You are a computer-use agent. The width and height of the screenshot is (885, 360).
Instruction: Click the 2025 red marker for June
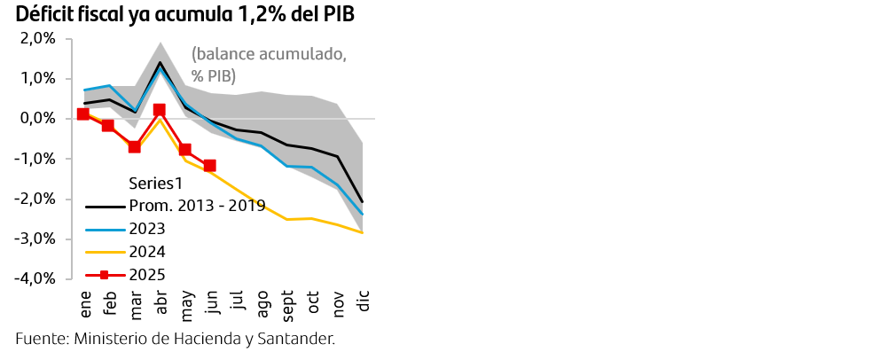pos(210,166)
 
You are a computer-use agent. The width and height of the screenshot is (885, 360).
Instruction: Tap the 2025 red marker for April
pos(160,110)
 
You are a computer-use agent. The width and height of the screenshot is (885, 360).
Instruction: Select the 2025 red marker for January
pos(83,113)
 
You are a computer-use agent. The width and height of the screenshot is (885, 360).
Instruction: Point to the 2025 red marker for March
pos(135,146)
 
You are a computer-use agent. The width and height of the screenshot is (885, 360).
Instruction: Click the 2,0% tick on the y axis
pos(38,39)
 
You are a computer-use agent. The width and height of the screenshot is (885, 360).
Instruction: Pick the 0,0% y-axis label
pos(38,119)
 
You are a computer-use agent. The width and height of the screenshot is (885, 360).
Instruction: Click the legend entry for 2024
pos(147,252)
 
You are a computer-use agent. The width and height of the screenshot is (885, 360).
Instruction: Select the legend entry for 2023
pos(147,229)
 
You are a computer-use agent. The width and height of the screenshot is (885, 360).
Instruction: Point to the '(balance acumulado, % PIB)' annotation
pos(268,65)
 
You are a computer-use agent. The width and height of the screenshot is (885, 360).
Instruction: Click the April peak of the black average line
pos(160,63)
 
